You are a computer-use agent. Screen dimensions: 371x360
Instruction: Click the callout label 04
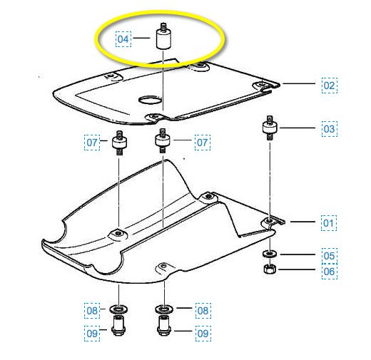(x=123, y=39)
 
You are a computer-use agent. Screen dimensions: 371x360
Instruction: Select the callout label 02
(x=329, y=86)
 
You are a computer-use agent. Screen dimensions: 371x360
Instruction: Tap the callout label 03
(x=329, y=129)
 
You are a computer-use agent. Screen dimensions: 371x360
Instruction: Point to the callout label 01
(x=329, y=223)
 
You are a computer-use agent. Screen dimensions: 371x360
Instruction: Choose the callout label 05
(x=330, y=256)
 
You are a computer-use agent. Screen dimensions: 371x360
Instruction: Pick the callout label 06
(x=330, y=272)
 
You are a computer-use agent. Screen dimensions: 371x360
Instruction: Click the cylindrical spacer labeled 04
(x=163, y=37)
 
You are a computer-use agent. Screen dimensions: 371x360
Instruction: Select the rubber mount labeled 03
(x=270, y=128)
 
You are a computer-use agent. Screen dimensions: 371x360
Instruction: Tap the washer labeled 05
(x=270, y=254)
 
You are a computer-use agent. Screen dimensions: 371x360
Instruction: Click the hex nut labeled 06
(x=270, y=269)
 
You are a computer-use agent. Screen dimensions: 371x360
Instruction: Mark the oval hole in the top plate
(x=150, y=100)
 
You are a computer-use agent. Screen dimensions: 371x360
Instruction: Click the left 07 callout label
(x=92, y=143)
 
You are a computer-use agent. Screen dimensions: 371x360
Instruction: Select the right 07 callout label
(x=203, y=143)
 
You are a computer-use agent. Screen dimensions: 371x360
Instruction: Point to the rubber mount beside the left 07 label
(x=119, y=143)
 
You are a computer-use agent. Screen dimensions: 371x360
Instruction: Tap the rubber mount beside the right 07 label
(x=163, y=140)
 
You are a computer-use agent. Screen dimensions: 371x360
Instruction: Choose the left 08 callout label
(x=92, y=311)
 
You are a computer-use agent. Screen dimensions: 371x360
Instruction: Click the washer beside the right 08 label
(x=164, y=309)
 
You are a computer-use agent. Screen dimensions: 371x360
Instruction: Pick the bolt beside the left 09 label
(x=118, y=325)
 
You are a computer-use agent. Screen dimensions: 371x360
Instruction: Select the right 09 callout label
(x=203, y=334)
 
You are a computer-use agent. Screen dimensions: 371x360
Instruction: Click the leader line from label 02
(x=299, y=83)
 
